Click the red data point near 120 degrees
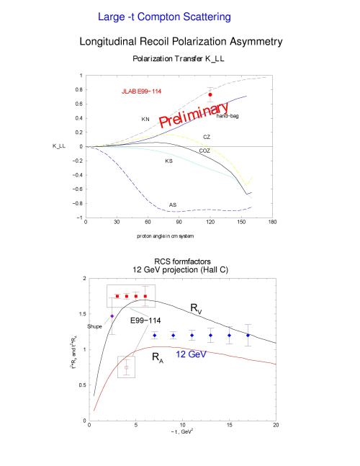210,94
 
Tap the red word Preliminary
194,115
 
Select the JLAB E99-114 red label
141,91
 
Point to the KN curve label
145,119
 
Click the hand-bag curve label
228,116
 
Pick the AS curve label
173,205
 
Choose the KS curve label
168,161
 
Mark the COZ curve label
204,151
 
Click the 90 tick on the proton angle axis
179,222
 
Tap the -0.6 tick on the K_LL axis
78,189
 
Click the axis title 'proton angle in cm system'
165,236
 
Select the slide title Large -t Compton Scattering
164,17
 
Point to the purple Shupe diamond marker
112,316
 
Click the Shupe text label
94,326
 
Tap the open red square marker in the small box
126,367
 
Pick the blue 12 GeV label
191,354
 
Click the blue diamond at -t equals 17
248,335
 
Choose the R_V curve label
196,308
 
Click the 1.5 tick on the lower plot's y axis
83,314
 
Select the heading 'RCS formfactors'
182,261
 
